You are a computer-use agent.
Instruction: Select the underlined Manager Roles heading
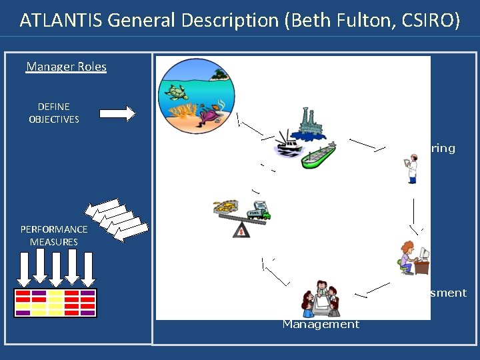click(x=66, y=67)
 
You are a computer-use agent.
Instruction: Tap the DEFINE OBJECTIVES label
click(x=54, y=113)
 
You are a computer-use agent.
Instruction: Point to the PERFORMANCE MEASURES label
click(x=54, y=235)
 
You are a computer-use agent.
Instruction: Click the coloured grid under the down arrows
click(x=55, y=302)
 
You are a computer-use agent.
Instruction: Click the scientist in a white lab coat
click(x=411, y=168)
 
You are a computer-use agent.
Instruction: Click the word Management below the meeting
click(x=321, y=324)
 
